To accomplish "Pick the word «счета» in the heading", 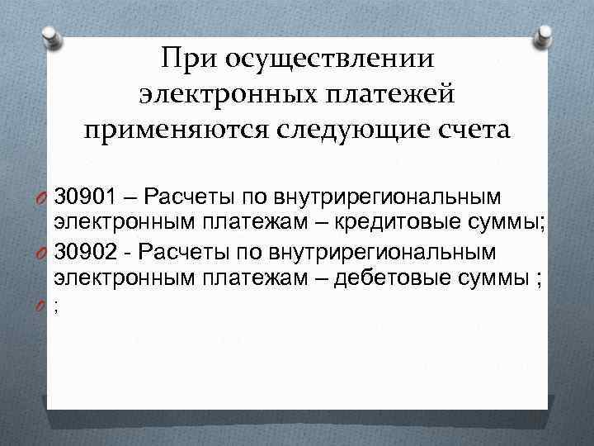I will (469, 130).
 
